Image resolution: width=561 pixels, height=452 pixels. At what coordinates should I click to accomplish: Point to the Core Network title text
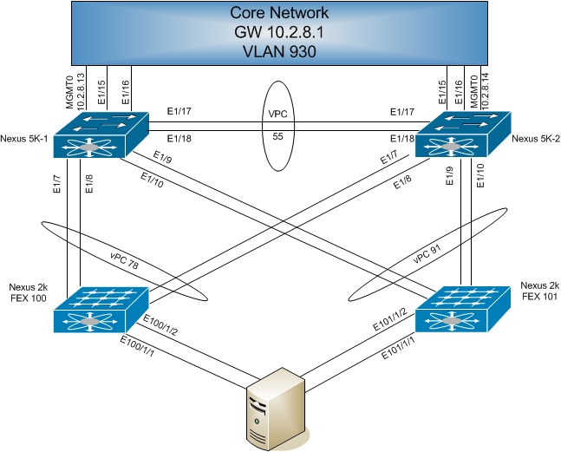tap(280, 13)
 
